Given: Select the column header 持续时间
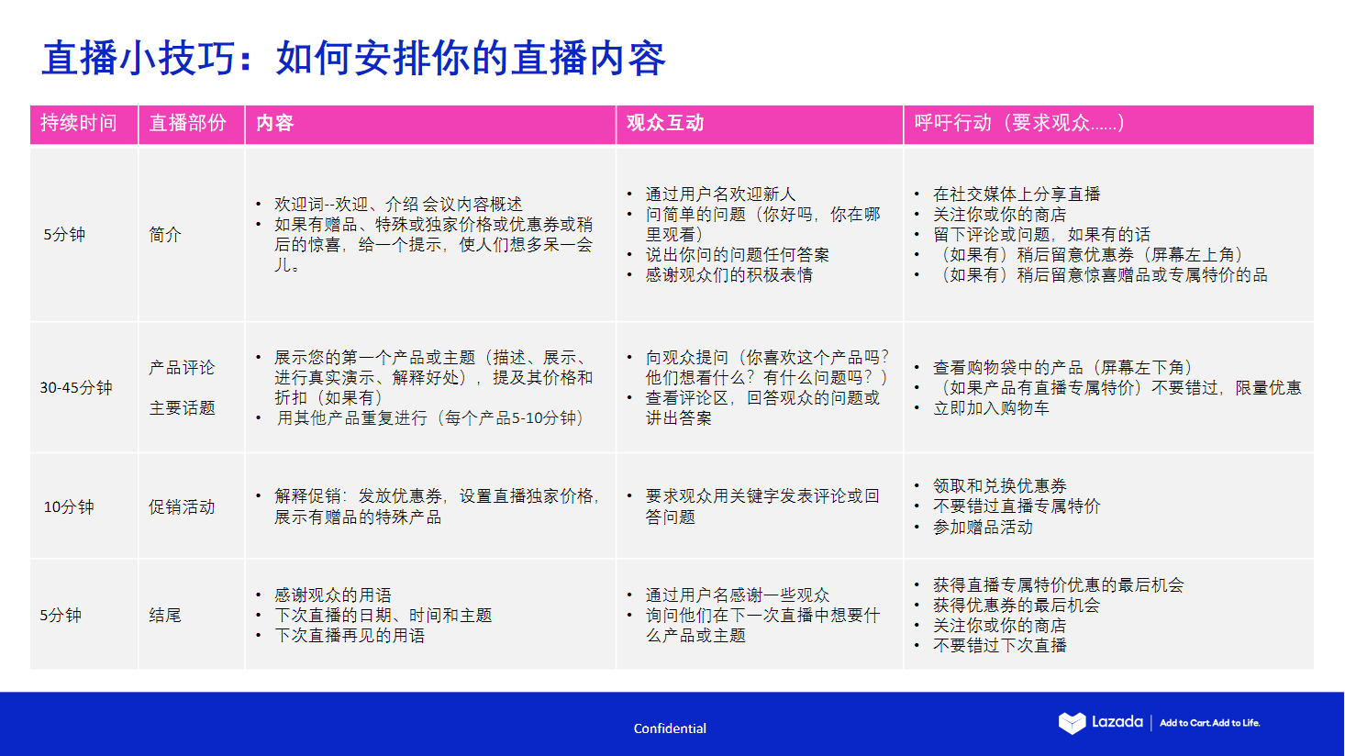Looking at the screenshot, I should pos(79,123).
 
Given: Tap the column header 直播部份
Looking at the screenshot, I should pos(187,123).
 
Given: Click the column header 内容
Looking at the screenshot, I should pos(274,123).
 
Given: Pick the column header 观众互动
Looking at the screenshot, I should pos(664,123).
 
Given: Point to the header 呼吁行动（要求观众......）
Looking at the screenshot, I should pos(1018,123).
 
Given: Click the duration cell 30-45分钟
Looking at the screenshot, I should pos(76,387).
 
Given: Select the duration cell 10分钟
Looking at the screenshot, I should pos(69,506).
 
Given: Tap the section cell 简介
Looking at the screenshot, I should pos(165,235).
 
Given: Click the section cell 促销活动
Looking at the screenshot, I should pos(182,506).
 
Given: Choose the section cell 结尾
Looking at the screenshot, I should pos(165,615).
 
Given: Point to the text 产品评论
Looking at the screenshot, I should pos(182,367).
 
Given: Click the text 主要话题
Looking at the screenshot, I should pos(182,407).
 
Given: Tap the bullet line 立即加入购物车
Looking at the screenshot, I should pos(991,407).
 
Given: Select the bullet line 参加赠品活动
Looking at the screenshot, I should pos(983,527).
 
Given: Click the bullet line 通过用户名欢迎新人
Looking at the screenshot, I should pos(720,194).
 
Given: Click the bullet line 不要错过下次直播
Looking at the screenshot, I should pos(999,645).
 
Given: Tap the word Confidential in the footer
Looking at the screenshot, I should pos(670,728).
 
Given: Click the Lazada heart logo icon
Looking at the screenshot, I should pos(1072,723).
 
